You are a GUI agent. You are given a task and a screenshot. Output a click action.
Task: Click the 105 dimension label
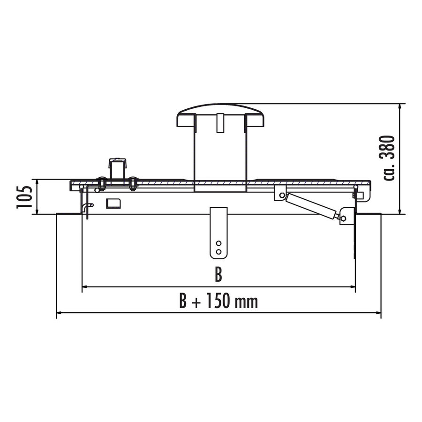tap(24, 196)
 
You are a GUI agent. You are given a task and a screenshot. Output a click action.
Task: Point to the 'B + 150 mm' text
tap(218, 301)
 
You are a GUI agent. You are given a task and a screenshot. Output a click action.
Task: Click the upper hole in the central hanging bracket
tap(218, 244)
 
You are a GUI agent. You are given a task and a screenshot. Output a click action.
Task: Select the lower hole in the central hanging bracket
tap(218, 252)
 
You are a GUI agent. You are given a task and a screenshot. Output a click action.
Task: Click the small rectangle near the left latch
tap(113, 203)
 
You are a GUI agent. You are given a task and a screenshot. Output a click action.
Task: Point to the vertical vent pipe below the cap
tap(219, 155)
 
